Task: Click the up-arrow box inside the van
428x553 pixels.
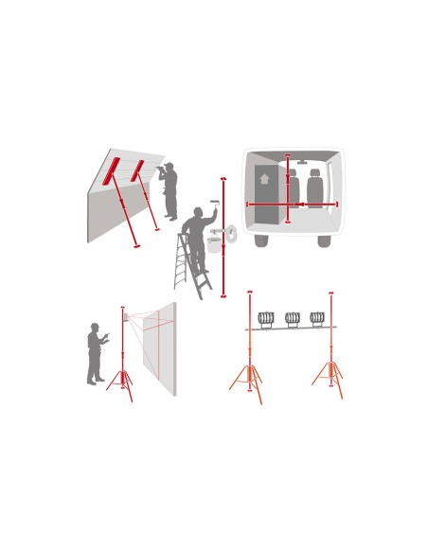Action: click(x=264, y=179)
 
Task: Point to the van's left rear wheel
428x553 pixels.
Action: click(x=261, y=241)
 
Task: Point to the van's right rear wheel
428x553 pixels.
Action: click(x=324, y=241)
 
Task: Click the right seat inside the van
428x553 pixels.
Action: click(x=314, y=188)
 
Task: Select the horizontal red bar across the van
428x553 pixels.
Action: click(x=292, y=204)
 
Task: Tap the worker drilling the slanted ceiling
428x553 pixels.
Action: click(x=169, y=190)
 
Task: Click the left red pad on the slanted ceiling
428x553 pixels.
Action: click(x=112, y=171)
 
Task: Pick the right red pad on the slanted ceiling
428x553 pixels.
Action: click(x=137, y=170)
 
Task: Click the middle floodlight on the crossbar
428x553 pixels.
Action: click(x=293, y=319)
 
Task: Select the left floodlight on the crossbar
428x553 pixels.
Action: click(x=266, y=319)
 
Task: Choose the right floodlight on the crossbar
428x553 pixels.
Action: click(x=318, y=319)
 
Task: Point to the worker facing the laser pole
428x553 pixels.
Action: click(x=95, y=354)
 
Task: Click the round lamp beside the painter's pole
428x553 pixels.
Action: click(x=231, y=233)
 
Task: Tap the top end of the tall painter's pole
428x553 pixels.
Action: click(x=223, y=179)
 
